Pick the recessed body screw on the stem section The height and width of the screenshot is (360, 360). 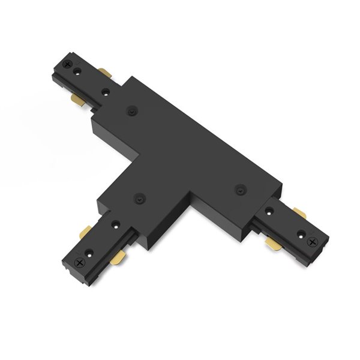point(139,196)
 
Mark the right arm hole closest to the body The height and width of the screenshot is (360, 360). point(271,211)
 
